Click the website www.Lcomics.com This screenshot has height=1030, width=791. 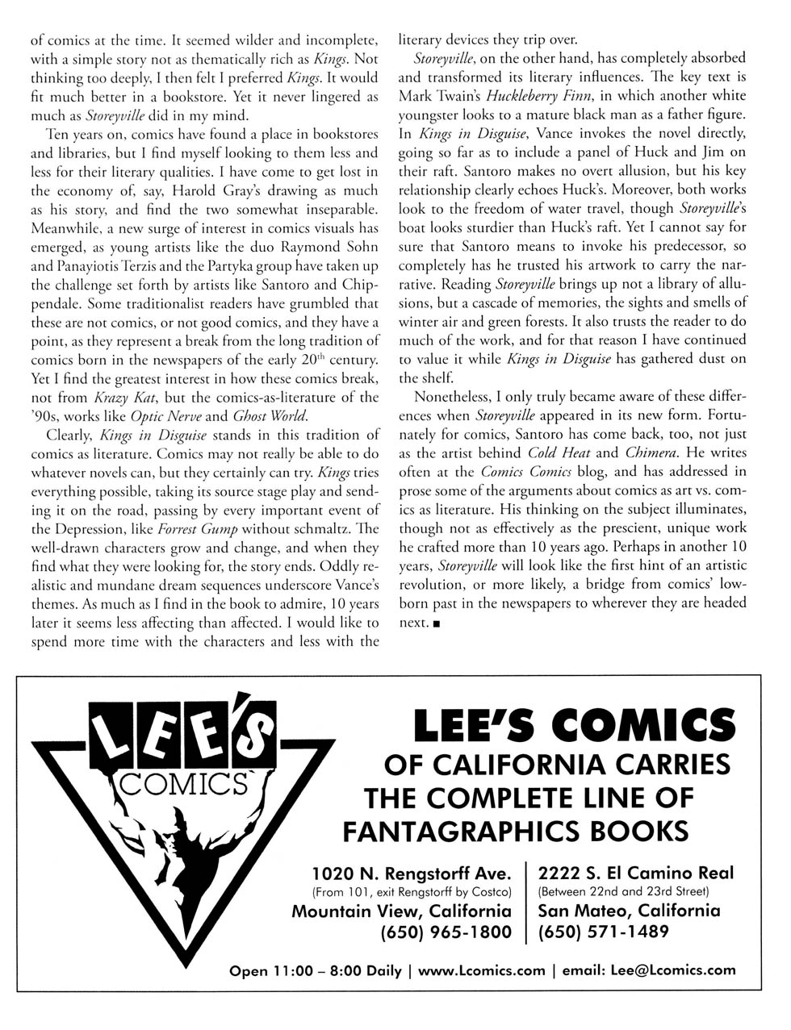pos(482,970)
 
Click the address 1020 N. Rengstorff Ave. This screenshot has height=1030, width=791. pos(412,874)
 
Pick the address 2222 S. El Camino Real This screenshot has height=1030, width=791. pos(636,873)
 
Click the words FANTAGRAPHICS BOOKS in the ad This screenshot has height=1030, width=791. pos(517,830)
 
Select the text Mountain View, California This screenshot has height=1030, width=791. pos(401,911)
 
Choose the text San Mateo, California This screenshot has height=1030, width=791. pos(629,911)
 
